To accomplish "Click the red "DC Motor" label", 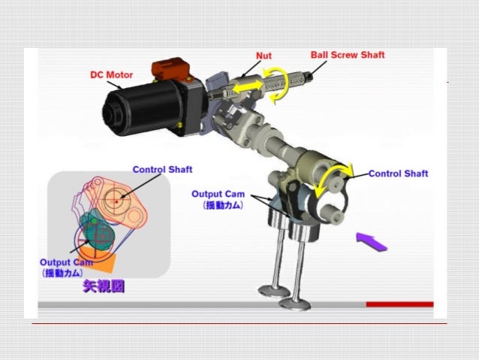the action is tap(112, 75).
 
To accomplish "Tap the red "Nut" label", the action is tap(264, 56).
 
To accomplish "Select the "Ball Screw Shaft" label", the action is tap(348, 55).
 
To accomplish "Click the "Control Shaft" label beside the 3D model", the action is tap(399, 174).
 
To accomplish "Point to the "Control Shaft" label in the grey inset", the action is tap(162, 169).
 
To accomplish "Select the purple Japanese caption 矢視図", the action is tap(104, 286).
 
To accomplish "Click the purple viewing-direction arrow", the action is tap(372, 242).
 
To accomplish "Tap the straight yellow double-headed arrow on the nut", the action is tap(248, 86).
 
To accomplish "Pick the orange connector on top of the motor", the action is tap(170, 69).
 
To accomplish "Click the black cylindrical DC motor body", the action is tap(143, 108).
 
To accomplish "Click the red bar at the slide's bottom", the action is tap(399, 304).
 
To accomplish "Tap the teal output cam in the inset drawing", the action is tap(97, 231).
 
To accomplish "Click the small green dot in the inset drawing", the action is tap(95, 221).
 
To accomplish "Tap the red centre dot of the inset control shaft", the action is tap(116, 202).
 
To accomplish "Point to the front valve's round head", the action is tap(295, 304).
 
